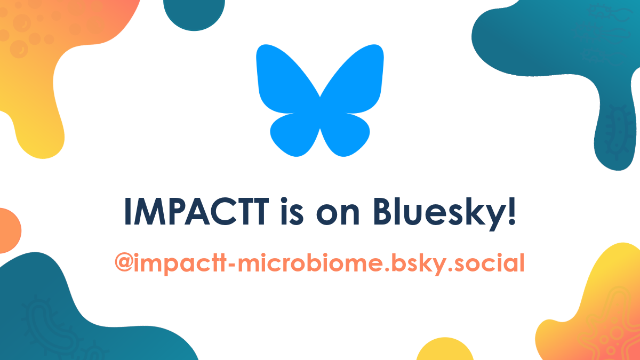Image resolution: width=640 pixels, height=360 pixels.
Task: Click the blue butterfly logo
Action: click(x=319, y=100)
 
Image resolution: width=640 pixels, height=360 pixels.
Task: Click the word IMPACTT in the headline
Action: click(x=197, y=212)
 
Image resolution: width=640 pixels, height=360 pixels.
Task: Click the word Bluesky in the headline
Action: click(x=441, y=214)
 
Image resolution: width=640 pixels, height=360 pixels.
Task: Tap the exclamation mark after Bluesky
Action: click(x=512, y=211)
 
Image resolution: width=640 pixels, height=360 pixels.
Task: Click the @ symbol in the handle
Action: click(x=123, y=262)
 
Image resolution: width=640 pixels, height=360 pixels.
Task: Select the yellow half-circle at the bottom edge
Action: click(x=445, y=350)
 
